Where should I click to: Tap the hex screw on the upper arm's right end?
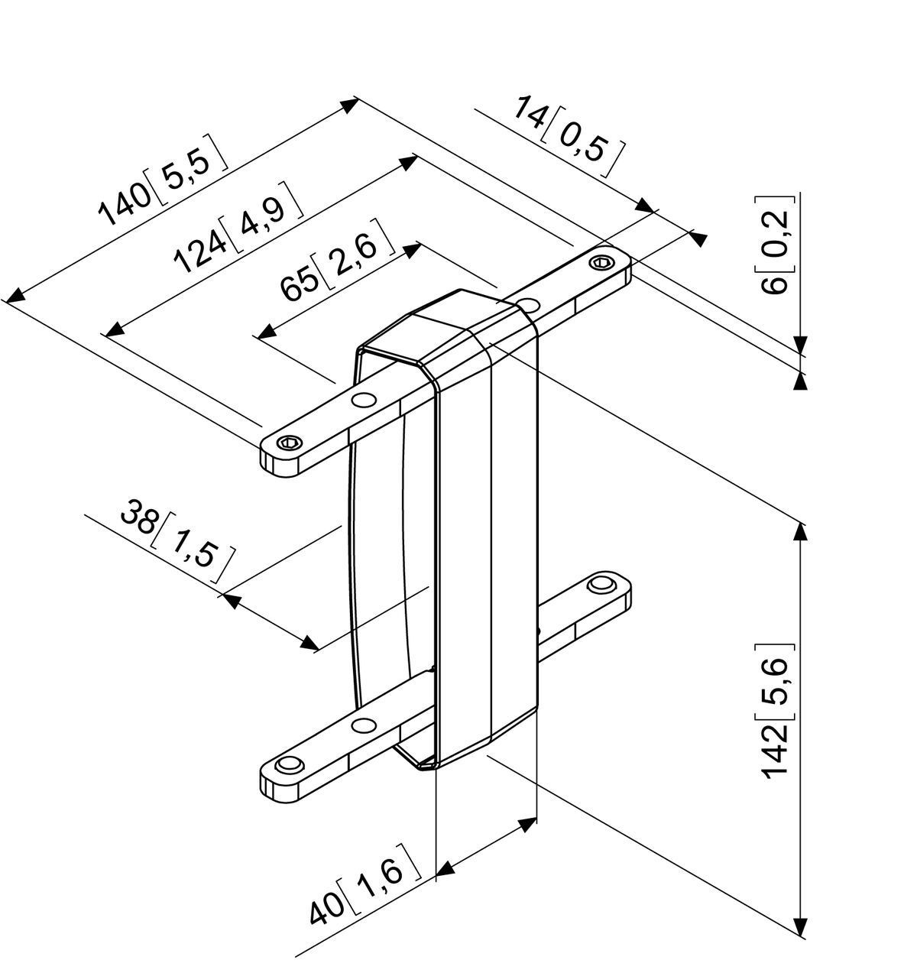601,263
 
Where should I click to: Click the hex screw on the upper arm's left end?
290,443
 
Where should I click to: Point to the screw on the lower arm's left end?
289,765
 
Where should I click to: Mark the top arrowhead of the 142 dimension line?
800,530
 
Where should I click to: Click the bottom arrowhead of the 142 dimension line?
800,928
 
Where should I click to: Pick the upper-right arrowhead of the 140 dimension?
349,105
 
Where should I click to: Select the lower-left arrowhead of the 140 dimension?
15,296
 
